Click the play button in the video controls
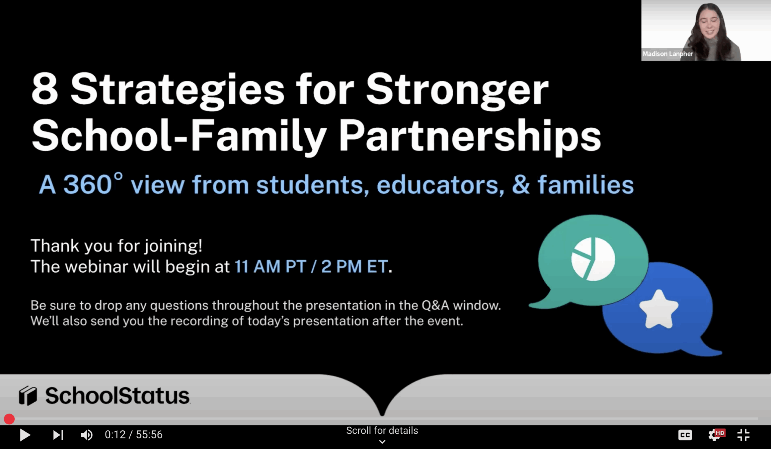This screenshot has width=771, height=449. point(25,435)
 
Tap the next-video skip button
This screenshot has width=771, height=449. point(58,435)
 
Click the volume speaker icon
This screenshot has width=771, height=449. point(86,435)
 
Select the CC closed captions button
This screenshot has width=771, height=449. point(685,435)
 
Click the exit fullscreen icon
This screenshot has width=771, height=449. point(744,435)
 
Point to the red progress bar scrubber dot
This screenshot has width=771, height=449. point(9,419)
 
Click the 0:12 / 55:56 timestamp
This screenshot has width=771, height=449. point(134,435)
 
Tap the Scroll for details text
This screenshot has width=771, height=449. point(382,430)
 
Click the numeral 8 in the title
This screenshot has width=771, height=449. point(45,89)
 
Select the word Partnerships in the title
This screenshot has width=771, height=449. point(470,135)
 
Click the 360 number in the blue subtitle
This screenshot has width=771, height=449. point(88,184)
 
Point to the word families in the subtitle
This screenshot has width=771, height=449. point(585,184)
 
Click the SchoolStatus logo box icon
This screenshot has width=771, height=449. point(28,395)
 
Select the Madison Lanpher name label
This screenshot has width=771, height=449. point(668,54)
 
